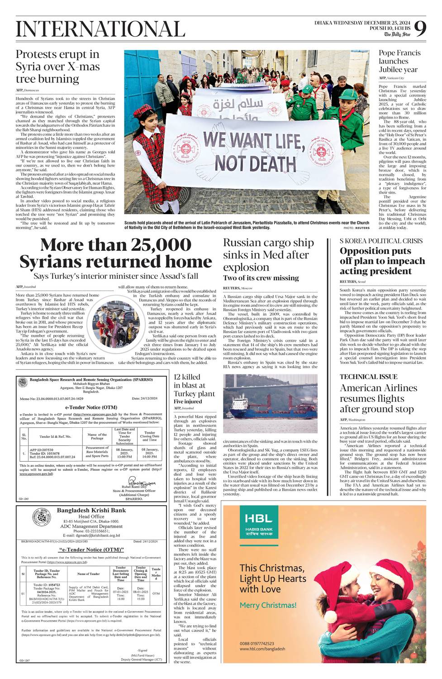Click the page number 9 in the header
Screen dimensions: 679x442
coord(420,29)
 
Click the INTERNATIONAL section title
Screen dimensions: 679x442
coord(100,29)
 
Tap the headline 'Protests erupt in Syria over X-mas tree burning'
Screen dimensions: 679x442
coord(57,67)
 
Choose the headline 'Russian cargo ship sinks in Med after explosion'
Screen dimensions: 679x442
coord(268,255)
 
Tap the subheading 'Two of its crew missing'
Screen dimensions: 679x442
coord(261,278)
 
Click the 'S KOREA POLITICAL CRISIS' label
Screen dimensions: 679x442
coord(381,241)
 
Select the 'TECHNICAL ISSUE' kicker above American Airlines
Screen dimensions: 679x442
coord(368,377)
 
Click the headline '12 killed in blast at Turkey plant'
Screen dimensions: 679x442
coord(194,385)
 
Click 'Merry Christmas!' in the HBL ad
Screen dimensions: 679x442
coord(268,605)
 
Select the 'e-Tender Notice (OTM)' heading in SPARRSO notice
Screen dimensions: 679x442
coord(87,407)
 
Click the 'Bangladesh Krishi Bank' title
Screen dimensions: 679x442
coord(91,511)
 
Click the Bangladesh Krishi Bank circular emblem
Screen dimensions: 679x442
coord(38,518)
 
